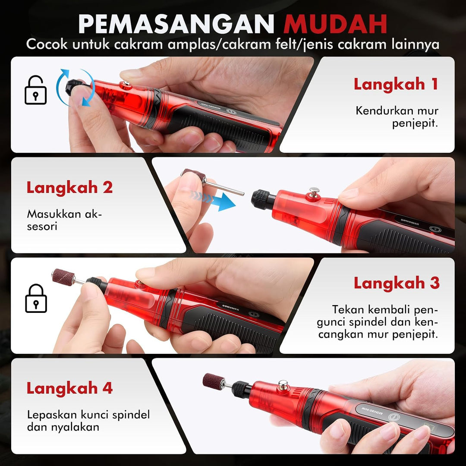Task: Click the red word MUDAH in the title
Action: click(335, 24)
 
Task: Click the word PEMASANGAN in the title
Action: click(176, 24)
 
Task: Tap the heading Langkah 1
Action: click(396, 84)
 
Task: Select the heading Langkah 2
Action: click(69, 188)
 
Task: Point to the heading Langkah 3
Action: click(397, 283)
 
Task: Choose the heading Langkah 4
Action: click(69, 388)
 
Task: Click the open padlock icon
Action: click(36, 90)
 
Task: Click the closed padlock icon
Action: click(36, 299)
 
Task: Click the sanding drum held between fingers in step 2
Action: click(194, 175)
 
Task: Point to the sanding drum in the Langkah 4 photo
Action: click(214, 381)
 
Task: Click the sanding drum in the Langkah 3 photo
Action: click(63, 277)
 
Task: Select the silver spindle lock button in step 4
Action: click(283, 385)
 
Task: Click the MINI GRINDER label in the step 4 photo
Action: click(372, 411)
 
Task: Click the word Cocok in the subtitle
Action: click(47, 44)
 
